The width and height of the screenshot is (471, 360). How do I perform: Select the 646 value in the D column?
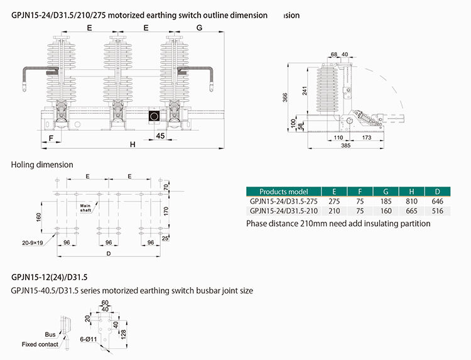(x=437, y=200)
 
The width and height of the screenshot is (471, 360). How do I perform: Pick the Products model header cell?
(x=283, y=191)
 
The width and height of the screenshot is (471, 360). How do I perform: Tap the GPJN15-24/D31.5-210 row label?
(x=283, y=210)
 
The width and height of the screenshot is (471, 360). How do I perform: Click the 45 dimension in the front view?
(x=160, y=135)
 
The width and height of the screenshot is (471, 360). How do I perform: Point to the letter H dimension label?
(x=133, y=145)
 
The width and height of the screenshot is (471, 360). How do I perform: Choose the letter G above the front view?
(x=199, y=28)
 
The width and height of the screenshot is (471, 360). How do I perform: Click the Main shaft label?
(x=86, y=207)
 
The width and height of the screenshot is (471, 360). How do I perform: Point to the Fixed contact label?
(x=40, y=344)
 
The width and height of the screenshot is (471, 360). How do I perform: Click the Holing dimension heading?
(x=42, y=165)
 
